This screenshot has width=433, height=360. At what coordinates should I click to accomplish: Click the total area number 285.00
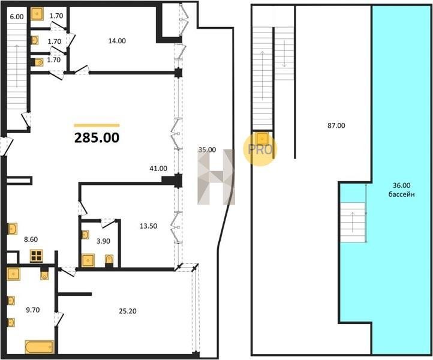click(x=97, y=137)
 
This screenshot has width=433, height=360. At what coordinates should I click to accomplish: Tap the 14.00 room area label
click(x=117, y=41)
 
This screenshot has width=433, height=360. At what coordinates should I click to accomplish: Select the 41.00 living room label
click(x=158, y=168)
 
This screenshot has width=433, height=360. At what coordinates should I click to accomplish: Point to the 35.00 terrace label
click(x=207, y=150)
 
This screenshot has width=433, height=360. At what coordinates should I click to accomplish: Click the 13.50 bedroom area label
click(x=149, y=226)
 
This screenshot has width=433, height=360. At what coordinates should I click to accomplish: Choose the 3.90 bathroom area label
click(x=103, y=241)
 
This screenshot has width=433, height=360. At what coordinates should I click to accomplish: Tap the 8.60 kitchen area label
click(x=31, y=239)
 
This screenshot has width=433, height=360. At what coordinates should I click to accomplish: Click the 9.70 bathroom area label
click(x=33, y=310)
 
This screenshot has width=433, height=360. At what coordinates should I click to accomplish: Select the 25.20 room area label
click(x=128, y=311)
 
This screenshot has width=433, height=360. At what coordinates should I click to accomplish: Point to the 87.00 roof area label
click(x=336, y=125)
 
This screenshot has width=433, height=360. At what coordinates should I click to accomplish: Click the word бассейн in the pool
click(x=402, y=194)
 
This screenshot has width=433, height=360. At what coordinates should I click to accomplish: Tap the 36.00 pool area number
click(x=402, y=185)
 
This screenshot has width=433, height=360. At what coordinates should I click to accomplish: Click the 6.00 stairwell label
click(x=17, y=17)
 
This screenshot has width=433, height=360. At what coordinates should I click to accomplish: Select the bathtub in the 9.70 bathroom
click(x=39, y=347)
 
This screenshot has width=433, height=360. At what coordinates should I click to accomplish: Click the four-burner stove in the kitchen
click(x=37, y=256)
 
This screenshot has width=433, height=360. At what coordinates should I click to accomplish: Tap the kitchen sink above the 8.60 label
click(x=13, y=229)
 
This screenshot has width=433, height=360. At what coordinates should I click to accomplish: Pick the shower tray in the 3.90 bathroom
click(x=88, y=260)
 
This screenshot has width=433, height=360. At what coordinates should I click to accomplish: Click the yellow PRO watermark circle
click(x=260, y=149)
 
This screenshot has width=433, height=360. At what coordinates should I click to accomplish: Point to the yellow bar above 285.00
click(x=97, y=125)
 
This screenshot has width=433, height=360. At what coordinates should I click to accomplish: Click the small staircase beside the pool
click(x=353, y=223)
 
